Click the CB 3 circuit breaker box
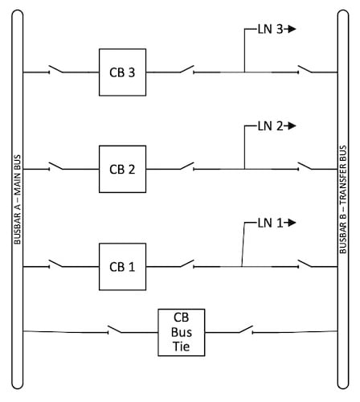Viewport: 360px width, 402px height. (x=122, y=73)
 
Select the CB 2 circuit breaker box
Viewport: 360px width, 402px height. (x=122, y=170)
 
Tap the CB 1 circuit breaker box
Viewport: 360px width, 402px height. (x=122, y=266)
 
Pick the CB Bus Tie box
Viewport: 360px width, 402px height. (x=181, y=331)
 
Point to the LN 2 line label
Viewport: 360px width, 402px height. (x=270, y=125)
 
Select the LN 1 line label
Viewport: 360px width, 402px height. (x=270, y=222)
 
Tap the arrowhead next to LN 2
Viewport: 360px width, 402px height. (x=292, y=125)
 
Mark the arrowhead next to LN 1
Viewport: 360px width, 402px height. (x=292, y=222)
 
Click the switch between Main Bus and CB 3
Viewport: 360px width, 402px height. (x=58, y=71)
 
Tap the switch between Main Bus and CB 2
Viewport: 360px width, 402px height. (x=58, y=167)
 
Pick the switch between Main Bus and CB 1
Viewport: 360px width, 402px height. (x=58, y=264)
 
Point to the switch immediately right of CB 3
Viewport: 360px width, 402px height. (x=185, y=71)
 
